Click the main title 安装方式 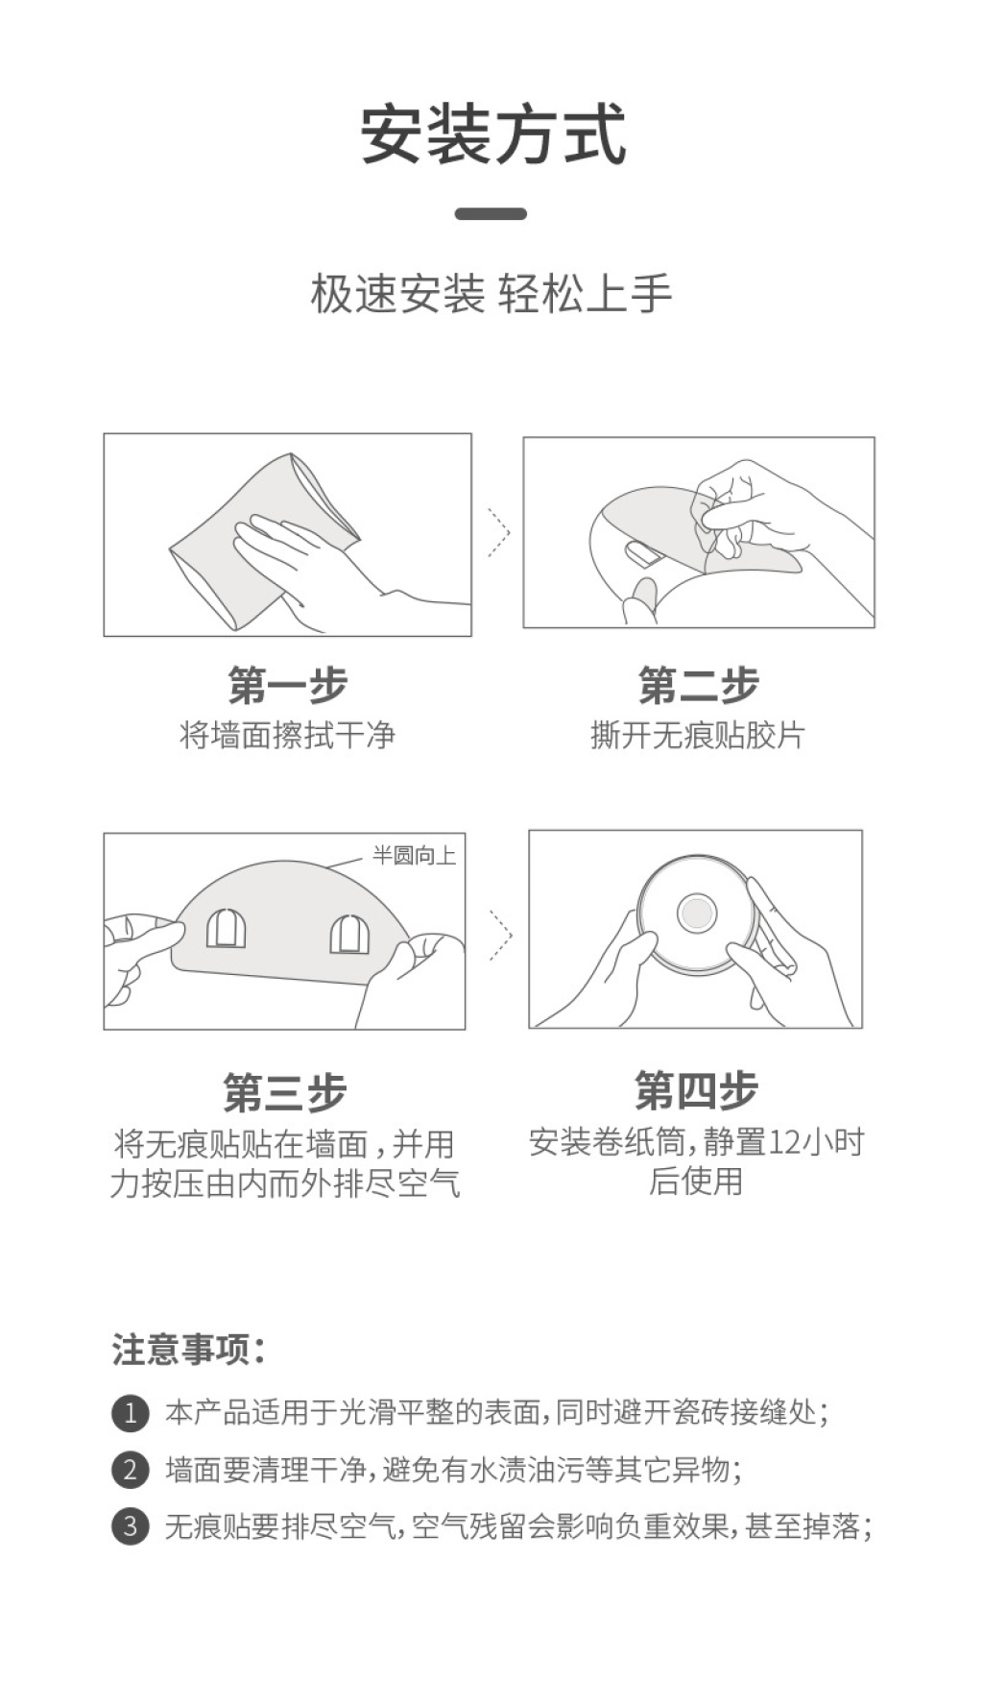coord(493,134)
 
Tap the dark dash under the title coord(491,213)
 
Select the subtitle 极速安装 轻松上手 coord(491,293)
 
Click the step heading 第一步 coord(287,685)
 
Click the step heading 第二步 coord(698,685)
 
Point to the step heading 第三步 coord(284,1092)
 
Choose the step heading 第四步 coord(696,1090)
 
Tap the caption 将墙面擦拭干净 coord(287,736)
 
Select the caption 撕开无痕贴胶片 coord(698,736)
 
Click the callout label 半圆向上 coord(415,855)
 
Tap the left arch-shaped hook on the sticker coord(227,928)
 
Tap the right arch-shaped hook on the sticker coord(349,934)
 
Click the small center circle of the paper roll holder coord(696,914)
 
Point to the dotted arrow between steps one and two coord(499,532)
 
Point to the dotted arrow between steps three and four coord(501,935)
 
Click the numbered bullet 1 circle coord(131,1413)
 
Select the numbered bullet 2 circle coord(131,1470)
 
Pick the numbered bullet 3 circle coord(131,1526)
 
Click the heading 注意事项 coord(188,1350)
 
